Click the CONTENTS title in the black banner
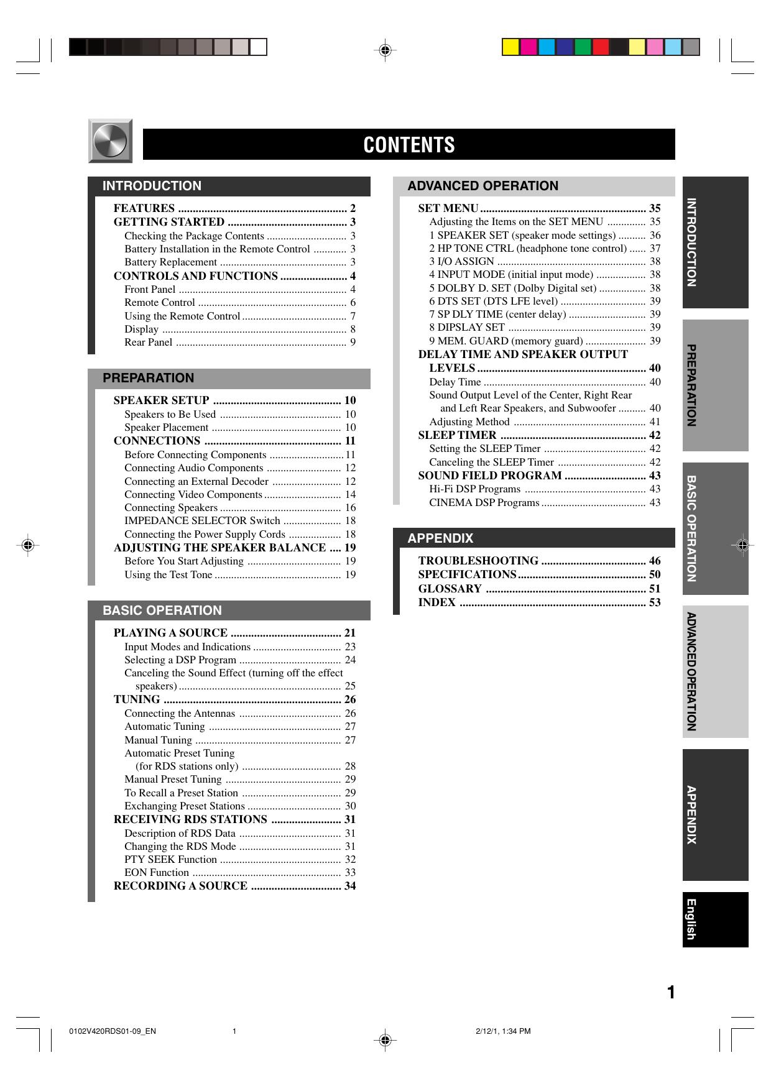[409, 145]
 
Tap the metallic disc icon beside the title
[110, 141]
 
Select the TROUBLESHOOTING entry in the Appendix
[478, 561]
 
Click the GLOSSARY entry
[450, 589]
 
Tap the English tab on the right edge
[715, 919]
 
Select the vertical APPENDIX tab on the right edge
[715, 814]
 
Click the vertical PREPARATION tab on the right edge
[715, 385]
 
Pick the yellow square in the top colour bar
[510, 47]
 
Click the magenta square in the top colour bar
[529, 47]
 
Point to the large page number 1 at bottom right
[671, 993]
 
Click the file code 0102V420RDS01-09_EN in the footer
[113, 1031]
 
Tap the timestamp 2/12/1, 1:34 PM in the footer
[503, 1031]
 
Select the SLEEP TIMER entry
[457, 435]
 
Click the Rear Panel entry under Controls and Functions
[148, 342]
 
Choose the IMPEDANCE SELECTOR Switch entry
[202, 521]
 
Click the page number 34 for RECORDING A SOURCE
[350, 886]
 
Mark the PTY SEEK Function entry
[170, 859]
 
